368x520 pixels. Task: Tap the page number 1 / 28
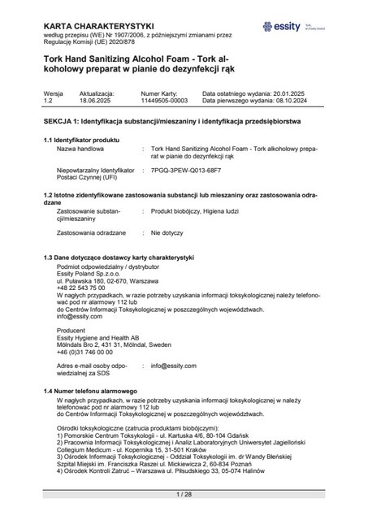click(x=184, y=494)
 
